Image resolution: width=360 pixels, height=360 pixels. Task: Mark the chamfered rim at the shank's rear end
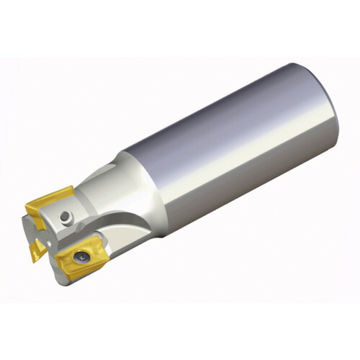coord(328,108)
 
